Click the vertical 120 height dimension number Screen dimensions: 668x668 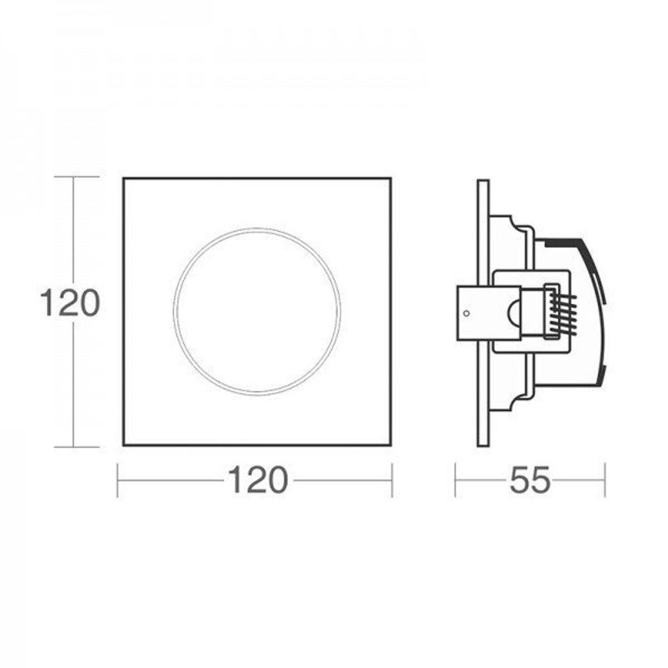coord(69,304)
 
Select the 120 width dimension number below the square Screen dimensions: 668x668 coord(258,480)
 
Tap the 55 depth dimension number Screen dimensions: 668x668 coord(530,480)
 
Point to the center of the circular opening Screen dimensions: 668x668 coord(257,311)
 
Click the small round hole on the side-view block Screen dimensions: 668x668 coord(466,312)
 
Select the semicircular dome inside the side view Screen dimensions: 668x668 coord(514,312)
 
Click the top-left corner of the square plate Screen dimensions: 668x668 coord(124,179)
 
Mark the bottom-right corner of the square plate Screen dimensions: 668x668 coord(390,444)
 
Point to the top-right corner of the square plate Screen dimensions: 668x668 coord(390,179)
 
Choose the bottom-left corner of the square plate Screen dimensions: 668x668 coord(124,444)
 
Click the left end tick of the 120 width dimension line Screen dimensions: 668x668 coord(118,480)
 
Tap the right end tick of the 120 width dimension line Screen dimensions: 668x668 coord(391,480)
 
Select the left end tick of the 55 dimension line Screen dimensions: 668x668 coord(456,480)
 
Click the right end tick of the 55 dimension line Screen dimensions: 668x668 coord(605,480)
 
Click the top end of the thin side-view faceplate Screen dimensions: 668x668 coord(483,182)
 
